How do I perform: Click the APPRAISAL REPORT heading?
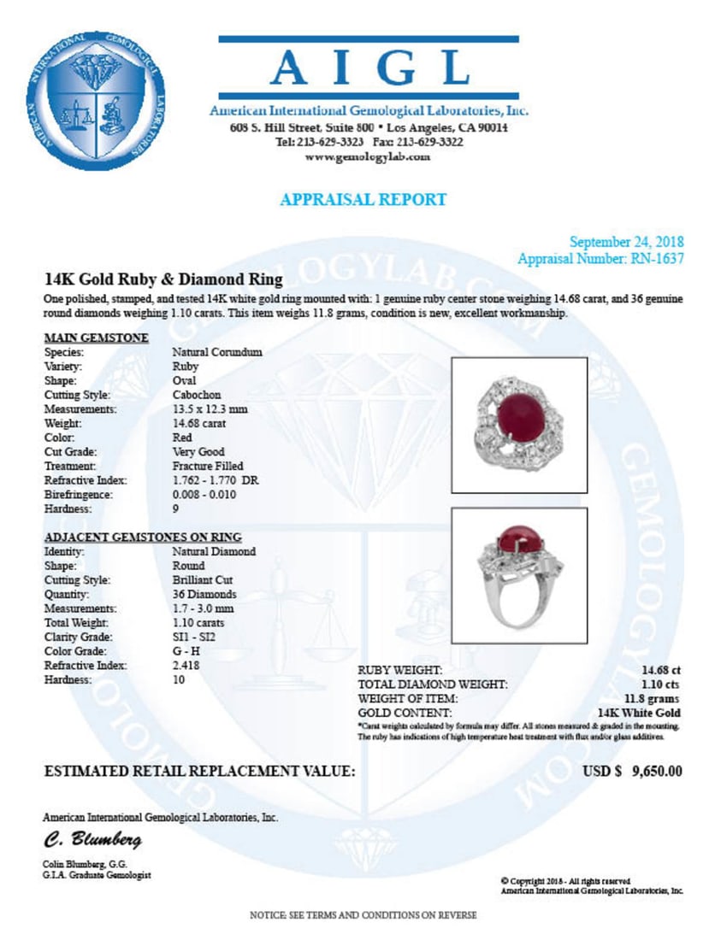coord(363,199)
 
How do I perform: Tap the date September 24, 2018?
coord(626,242)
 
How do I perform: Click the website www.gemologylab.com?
coord(368,157)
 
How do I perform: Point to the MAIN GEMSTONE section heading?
coord(97,338)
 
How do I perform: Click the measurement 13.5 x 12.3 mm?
coord(210,409)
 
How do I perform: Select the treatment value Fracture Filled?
coord(208,467)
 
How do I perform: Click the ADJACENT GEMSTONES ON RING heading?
coord(143,537)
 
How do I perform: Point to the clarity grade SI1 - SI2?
coord(193,637)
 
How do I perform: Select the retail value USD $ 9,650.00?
coord(632,771)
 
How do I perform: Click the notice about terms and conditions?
coord(363,915)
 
